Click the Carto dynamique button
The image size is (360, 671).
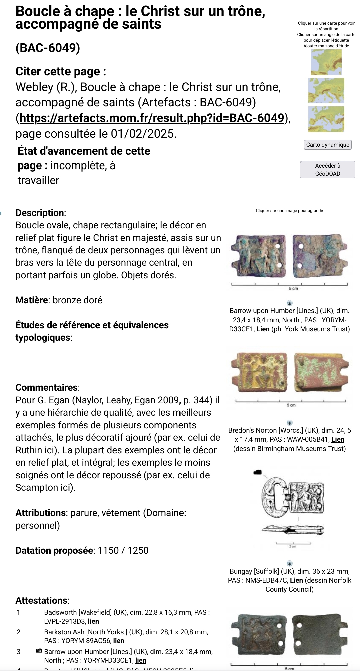coord(328,145)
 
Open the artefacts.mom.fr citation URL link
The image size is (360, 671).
coord(152,118)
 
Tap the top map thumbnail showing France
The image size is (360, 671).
coord(326,62)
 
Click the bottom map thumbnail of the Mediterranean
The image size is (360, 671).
coord(326,119)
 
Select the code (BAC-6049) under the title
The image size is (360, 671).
coord(48,48)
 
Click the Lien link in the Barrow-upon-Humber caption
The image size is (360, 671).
coord(263,329)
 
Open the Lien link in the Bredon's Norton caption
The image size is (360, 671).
coord(338,439)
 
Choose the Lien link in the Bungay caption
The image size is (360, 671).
coord(296,580)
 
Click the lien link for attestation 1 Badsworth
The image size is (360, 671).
coord(93,621)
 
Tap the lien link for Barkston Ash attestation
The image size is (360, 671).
coord(119,641)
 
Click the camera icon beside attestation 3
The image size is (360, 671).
coord(39,651)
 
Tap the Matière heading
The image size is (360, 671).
coord(32,300)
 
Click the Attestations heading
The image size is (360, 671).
coord(42,600)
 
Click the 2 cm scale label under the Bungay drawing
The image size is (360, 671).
coord(293,546)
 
